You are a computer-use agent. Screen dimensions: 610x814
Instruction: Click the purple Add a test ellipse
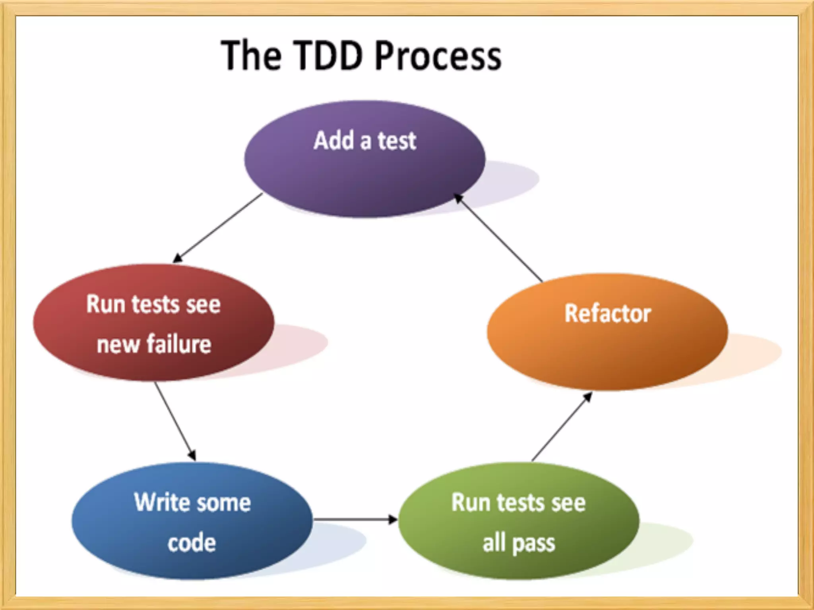pyautogui.click(x=364, y=175)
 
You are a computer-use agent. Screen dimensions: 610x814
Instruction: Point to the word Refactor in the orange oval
pyautogui.click(x=608, y=313)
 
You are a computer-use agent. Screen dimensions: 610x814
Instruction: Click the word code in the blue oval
pyautogui.click(x=192, y=542)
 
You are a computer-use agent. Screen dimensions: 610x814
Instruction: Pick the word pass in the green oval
pyautogui.click(x=533, y=543)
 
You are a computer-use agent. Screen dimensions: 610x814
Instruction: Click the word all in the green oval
pyautogui.click(x=494, y=542)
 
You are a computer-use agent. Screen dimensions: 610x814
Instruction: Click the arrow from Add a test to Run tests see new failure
pyautogui.click(x=219, y=228)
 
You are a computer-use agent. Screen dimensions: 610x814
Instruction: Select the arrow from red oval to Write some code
pyautogui.click(x=175, y=421)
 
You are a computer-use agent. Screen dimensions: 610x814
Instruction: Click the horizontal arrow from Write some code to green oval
pyautogui.click(x=354, y=519)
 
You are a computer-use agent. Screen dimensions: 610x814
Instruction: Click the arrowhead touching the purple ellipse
pyautogui.click(x=458, y=197)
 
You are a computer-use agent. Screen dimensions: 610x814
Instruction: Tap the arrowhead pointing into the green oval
pyautogui.click(x=393, y=519)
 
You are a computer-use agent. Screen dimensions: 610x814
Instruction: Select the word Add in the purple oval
pyautogui.click(x=334, y=141)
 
